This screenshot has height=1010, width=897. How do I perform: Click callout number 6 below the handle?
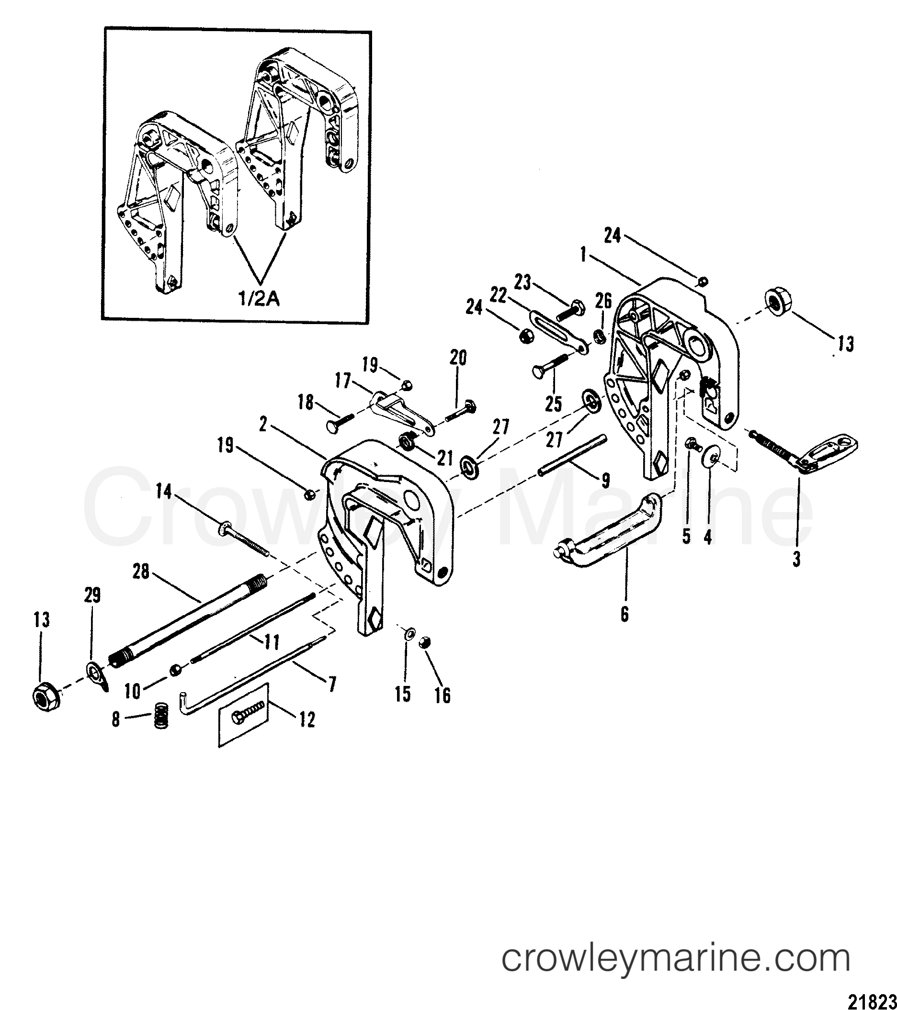tap(624, 615)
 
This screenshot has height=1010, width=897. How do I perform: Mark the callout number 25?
tap(553, 404)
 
